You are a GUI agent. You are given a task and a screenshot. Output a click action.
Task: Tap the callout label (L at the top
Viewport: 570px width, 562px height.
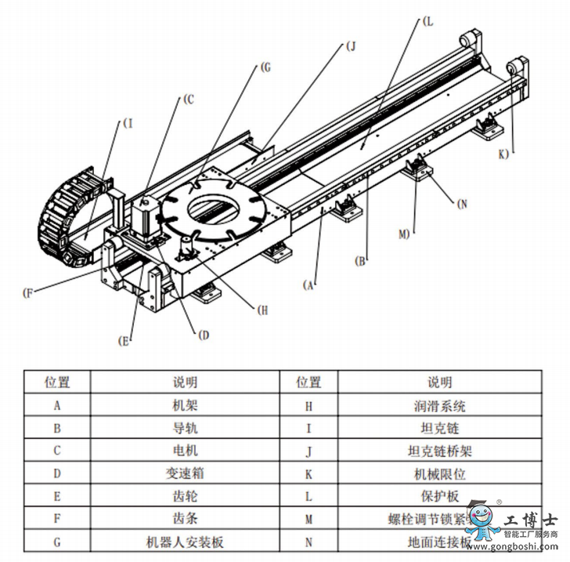[x=427, y=23]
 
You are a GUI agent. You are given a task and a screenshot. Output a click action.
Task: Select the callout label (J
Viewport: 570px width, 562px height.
[x=349, y=46]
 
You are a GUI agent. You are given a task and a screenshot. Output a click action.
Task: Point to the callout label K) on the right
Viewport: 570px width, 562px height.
[x=503, y=153]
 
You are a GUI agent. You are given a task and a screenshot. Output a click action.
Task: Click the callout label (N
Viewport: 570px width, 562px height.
[x=461, y=204]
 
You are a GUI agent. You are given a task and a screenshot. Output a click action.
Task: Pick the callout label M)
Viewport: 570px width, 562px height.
[x=403, y=234]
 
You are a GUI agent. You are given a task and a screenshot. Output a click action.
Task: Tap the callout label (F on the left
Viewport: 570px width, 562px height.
[x=28, y=294]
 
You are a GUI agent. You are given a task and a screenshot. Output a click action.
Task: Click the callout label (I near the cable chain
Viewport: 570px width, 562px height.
[x=129, y=123]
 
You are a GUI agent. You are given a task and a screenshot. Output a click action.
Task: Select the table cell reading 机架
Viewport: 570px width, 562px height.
[x=185, y=406]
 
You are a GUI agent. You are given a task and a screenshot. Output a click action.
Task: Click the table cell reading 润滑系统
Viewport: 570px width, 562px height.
[x=439, y=406]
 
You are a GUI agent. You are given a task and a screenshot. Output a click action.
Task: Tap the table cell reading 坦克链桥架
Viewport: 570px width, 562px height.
[x=439, y=451]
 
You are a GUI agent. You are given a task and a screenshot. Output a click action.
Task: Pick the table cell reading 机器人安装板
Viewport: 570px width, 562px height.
[x=185, y=542]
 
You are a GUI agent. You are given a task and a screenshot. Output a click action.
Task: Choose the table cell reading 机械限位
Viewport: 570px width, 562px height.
[x=439, y=474]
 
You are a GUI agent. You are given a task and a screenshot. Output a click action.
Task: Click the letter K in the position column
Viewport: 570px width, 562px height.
[x=308, y=474]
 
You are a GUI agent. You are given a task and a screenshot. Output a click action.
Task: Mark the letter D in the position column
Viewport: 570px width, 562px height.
[x=57, y=474]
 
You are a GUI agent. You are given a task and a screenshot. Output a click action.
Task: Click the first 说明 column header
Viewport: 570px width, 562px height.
[x=185, y=383]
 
